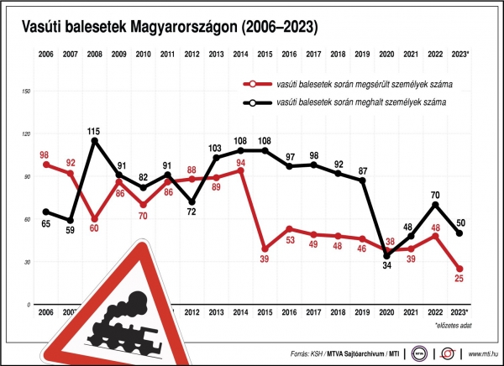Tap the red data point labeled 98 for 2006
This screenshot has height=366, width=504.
point(45,165)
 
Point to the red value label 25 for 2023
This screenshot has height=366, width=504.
point(459,282)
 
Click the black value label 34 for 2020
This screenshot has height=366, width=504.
point(387,266)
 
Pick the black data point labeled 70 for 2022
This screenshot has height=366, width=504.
point(435,204)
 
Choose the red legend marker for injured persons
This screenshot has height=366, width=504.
point(248,84)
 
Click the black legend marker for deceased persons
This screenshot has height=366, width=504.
point(248,102)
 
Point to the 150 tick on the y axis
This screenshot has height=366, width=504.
point(25,91)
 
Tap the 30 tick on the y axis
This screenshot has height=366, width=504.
point(27,262)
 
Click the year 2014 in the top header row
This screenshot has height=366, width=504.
point(240,54)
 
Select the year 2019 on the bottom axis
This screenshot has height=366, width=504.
point(362,312)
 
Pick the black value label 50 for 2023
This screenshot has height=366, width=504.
point(460,222)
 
